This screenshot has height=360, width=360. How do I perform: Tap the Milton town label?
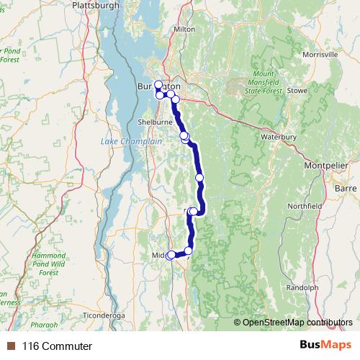(x=184, y=29)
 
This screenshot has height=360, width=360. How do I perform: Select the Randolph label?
(x=302, y=287)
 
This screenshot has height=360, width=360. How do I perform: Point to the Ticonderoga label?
(x=106, y=315)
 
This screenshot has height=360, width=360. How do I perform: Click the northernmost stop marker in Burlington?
(x=158, y=84)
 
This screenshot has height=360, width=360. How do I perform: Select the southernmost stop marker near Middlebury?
(x=171, y=255)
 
